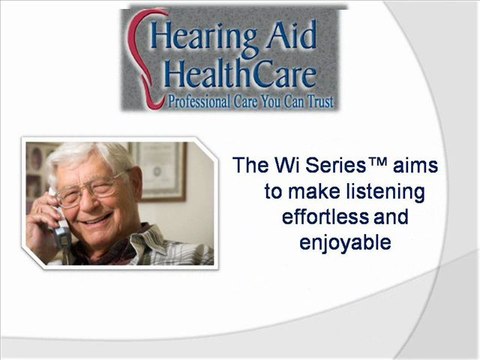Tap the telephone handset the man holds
60,224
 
